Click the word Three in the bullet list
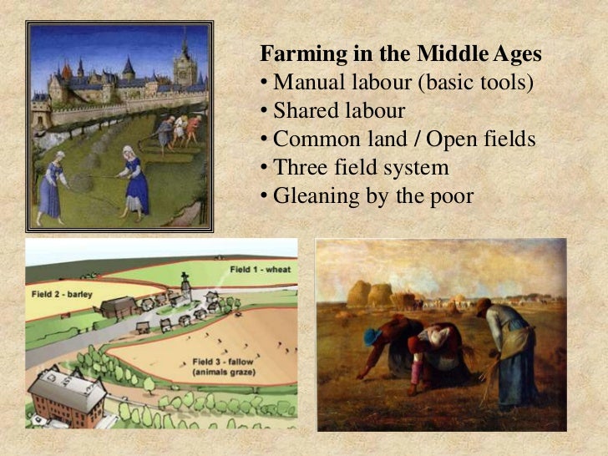click(x=296, y=168)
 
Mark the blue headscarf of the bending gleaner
click(x=372, y=337)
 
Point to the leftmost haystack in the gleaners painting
click(x=358, y=293)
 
